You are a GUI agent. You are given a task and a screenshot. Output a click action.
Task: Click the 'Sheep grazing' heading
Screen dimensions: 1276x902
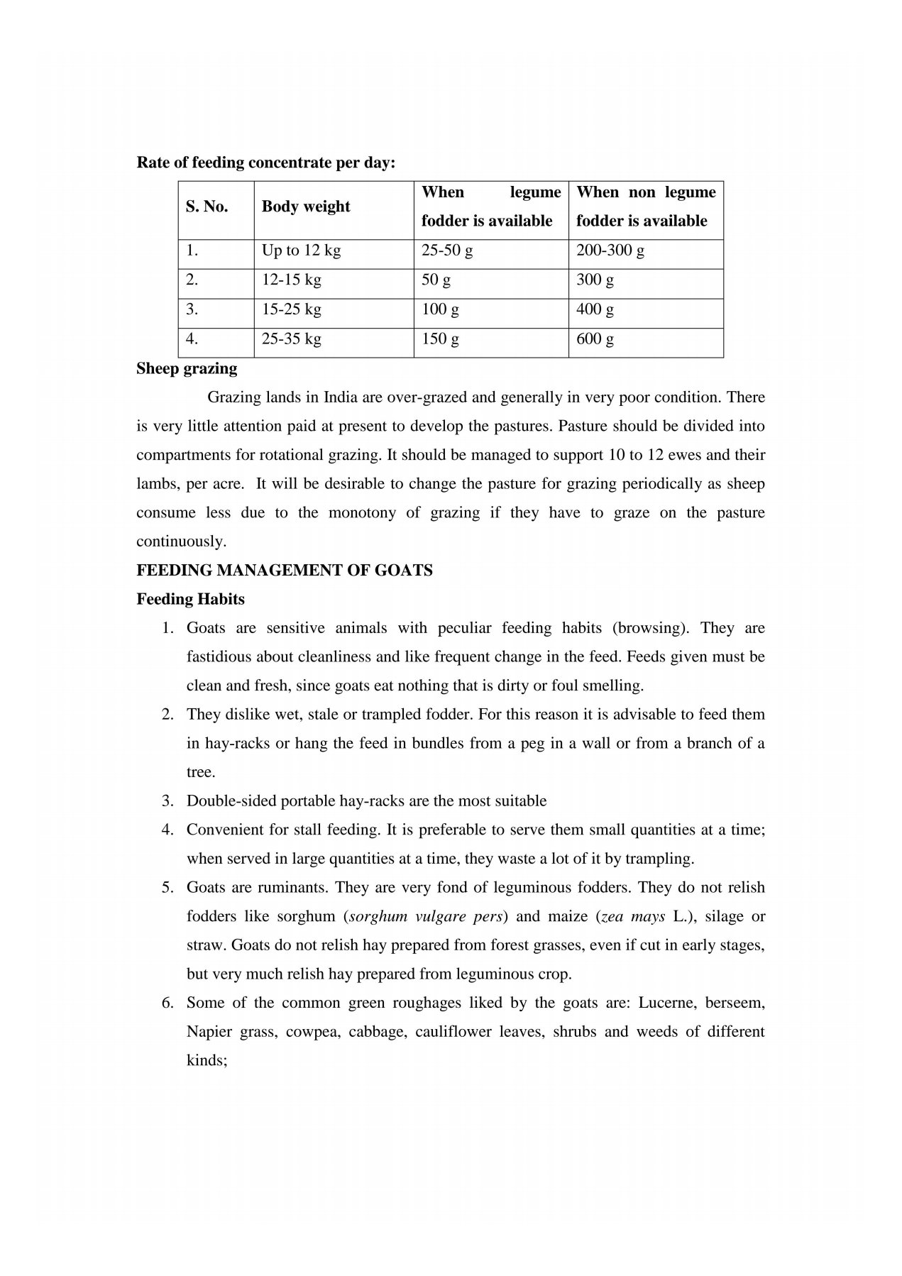pos(187,368)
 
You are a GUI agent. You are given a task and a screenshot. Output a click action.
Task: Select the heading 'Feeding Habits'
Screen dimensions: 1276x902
pos(190,599)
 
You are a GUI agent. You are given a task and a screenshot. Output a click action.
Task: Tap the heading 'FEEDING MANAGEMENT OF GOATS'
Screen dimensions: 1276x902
pos(284,570)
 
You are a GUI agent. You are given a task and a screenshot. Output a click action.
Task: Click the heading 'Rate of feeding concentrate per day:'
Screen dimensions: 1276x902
pos(265,163)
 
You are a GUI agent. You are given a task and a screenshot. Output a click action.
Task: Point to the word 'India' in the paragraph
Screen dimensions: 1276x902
pos(340,397)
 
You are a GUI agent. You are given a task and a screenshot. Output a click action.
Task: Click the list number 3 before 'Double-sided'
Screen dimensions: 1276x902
pos(167,801)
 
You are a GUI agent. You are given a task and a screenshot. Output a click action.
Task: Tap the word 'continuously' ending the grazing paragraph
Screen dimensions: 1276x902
pos(181,541)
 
